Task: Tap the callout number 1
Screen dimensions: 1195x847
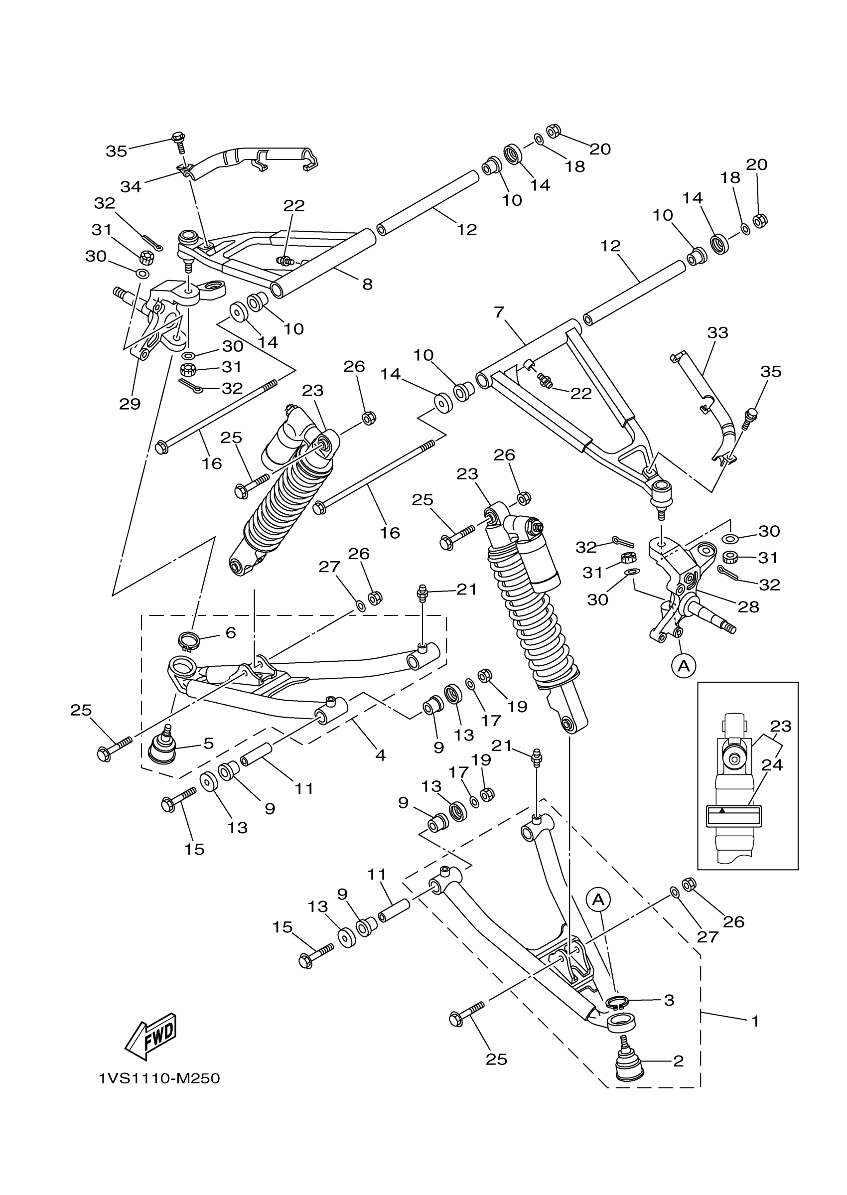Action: (x=755, y=1021)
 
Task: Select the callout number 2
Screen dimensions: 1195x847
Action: (x=678, y=1061)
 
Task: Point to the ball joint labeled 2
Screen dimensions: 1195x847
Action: (x=631, y=1063)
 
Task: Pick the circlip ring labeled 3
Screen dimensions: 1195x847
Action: (x=617, y=1002)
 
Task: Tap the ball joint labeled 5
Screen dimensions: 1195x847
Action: (x=162, y=749)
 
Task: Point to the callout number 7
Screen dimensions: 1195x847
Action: (x=499, y=312)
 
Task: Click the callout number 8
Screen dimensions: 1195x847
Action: (x=368, y=284)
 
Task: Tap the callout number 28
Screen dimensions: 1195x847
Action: (x=748, y=606)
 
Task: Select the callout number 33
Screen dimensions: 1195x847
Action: (x=717, y=332)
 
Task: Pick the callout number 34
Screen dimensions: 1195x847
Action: (x=131, y=186)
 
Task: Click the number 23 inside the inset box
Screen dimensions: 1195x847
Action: (x=781, y=726)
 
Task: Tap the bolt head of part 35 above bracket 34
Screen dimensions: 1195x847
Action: (x=178, y=138)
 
